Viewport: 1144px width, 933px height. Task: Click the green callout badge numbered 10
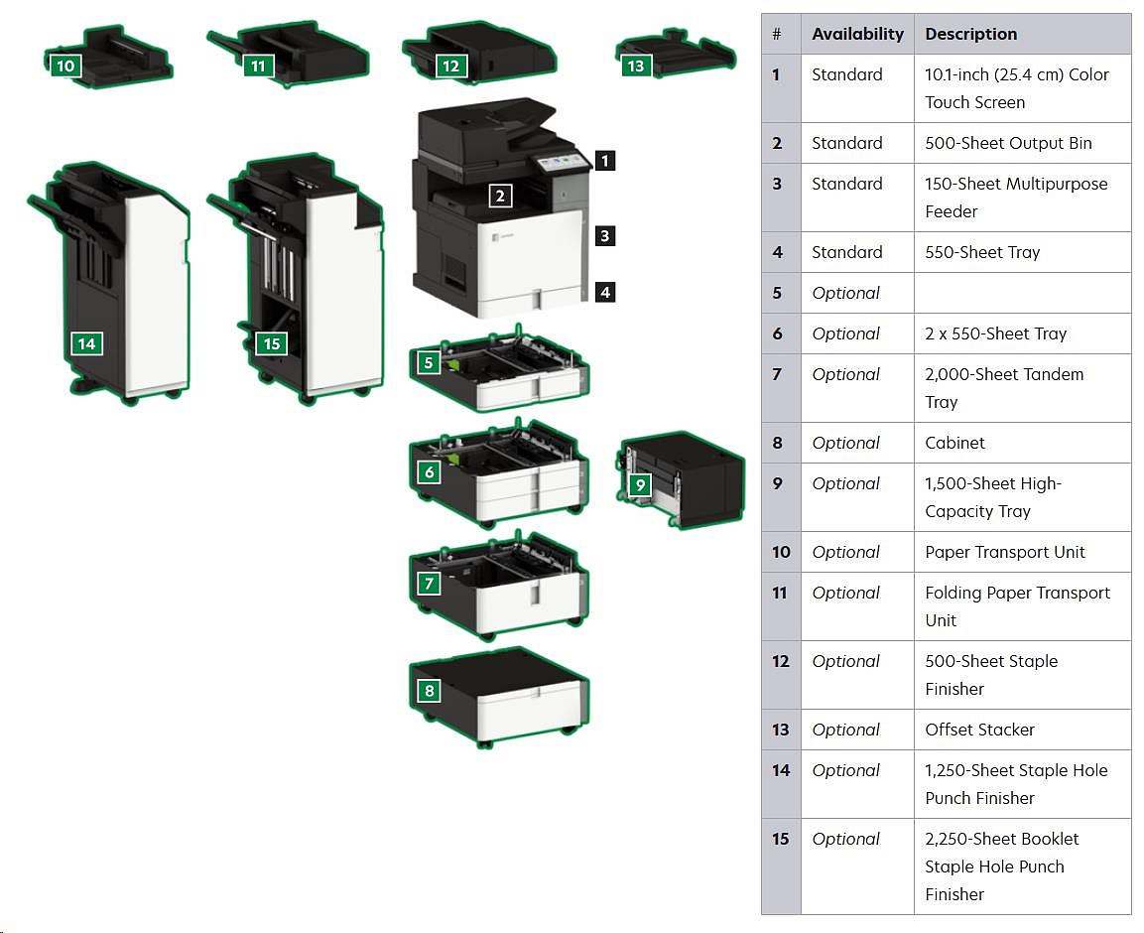65,67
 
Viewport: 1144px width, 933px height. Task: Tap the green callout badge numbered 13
635,67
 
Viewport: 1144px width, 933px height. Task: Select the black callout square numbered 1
605,160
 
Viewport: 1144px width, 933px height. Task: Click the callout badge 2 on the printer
500,196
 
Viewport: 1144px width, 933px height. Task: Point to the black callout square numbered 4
605,292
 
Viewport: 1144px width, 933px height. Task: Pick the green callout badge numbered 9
640,485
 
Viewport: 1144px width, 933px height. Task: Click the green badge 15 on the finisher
270,343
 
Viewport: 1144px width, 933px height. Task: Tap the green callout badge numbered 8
429,691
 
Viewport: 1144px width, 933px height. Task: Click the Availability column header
857,34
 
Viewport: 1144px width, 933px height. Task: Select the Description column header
970,34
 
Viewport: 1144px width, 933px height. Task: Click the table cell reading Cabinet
954,443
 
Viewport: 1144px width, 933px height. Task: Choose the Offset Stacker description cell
979,730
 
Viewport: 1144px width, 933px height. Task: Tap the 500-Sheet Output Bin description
1008,143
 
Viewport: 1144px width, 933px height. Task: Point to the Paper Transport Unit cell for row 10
1005,552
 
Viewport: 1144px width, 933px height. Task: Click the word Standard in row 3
846,184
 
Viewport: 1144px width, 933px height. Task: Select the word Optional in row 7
845,374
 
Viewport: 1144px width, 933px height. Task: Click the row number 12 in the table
781,661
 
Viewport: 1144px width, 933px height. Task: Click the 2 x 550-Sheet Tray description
995,333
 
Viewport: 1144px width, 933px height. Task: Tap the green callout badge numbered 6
429,472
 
